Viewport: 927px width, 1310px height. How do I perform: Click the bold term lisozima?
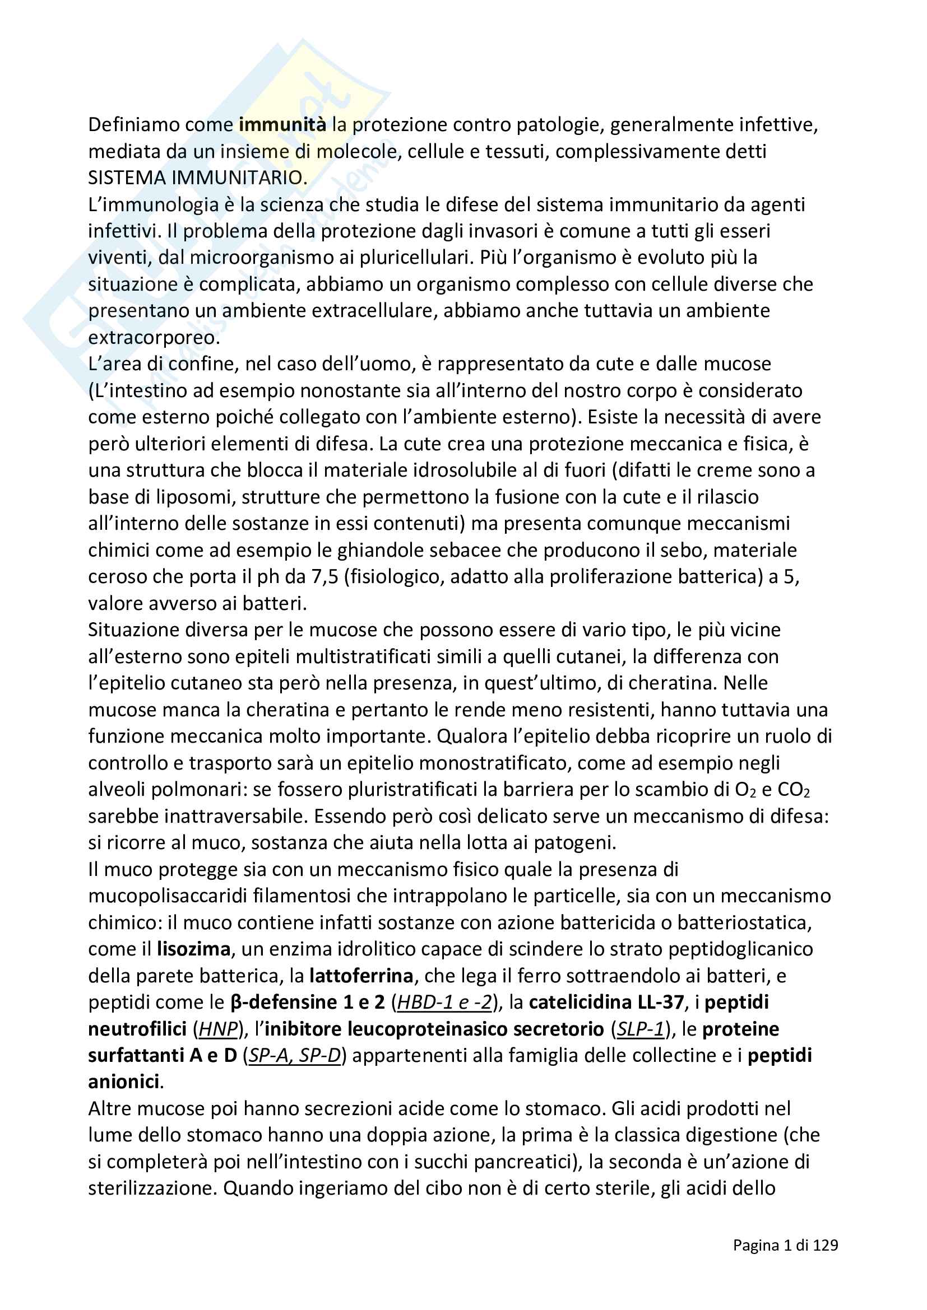(x=193, y=949)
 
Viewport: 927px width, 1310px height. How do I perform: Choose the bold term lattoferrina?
(x=361, y=976)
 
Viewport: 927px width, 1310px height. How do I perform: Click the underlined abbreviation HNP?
(x=217, y=1029)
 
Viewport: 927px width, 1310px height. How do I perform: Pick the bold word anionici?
(x=124, y=1082)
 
